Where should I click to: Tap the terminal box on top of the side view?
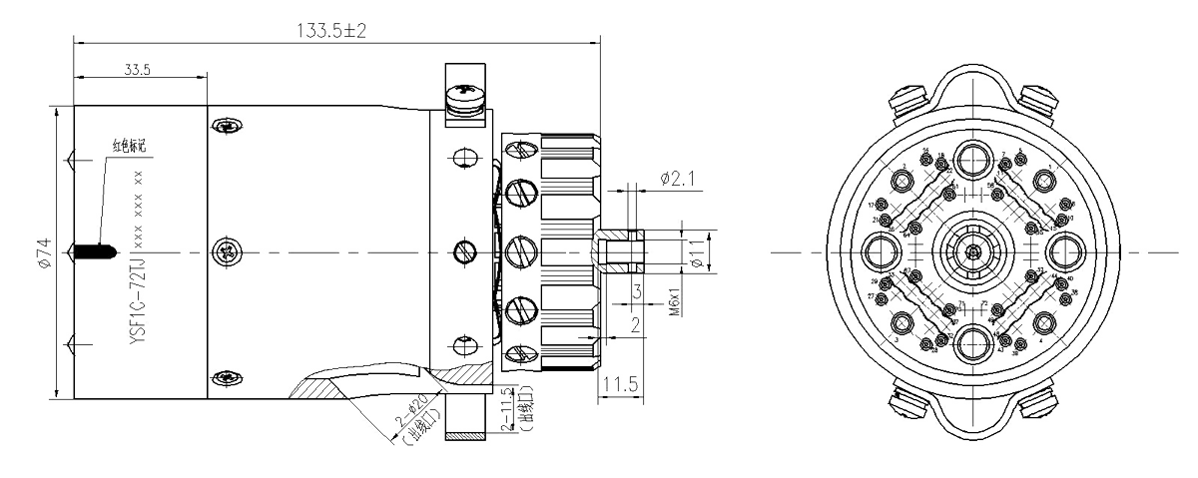click(463, 95)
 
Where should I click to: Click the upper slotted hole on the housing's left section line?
click(228, 125)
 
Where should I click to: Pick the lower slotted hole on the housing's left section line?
click(228, 377)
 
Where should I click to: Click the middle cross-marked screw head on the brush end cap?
click(519, 249)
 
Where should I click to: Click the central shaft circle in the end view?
click(972, 248)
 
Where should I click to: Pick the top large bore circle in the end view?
click(973, 159)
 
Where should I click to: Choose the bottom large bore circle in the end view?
click(973, 339)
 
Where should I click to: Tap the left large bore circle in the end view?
click(883, 248)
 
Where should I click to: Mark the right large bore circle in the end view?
click(1063, 248)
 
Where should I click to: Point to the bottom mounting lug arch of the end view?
click(973, 420)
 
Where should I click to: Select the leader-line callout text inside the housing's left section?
click(128, 147)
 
